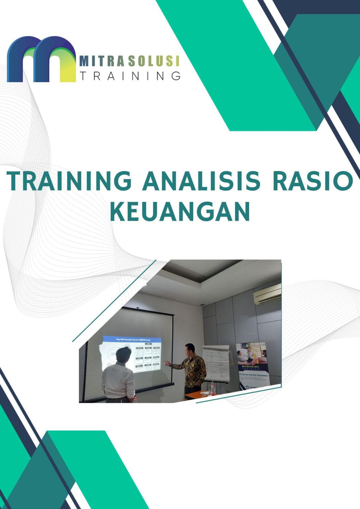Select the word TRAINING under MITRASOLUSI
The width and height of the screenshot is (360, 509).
(x=130, y=76)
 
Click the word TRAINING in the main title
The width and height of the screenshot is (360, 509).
(x=69, y=181)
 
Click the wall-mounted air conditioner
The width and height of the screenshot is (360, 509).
(x=267, y=294)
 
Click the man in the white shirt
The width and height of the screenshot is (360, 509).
(x=118, y=381)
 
